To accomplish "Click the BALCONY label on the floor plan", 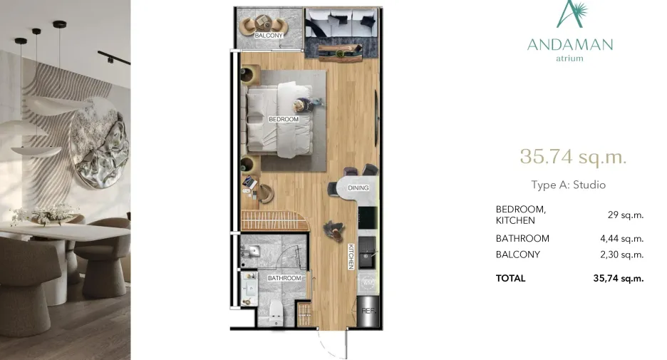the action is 269,36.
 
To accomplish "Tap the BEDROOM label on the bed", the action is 284,119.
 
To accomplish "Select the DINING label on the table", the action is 358,187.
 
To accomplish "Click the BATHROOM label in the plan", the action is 284,278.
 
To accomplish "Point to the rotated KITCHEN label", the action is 351,257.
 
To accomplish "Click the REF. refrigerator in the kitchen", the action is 368,311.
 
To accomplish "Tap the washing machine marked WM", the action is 368,282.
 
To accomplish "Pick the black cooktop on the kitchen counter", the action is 368,218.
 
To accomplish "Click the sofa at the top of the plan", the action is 342,24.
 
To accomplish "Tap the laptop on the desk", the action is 249,182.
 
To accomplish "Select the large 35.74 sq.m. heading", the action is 573,157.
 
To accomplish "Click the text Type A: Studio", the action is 569,185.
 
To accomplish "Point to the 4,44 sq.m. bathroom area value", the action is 621,239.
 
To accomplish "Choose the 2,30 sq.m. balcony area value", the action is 621,255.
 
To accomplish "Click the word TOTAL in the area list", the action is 510,278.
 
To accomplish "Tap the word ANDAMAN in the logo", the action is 570,45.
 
